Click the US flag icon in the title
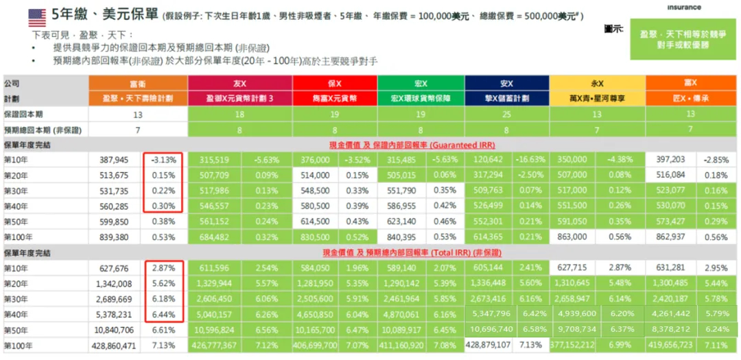[37, 15]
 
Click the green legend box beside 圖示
[683, 39]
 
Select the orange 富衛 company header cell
[137, 83]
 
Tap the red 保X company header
[334, 83]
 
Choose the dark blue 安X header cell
[506, 83]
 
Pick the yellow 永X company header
[597, 83]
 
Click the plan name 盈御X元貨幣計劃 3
[239, 98]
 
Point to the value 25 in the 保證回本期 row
[506, 114]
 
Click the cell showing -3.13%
[163, 160]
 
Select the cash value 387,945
[115, 160]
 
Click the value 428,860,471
[114, 346]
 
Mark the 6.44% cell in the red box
[163, 315]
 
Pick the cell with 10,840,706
[114, 330]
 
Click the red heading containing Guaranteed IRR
[412, 145]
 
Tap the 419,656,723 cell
[671, 346]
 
